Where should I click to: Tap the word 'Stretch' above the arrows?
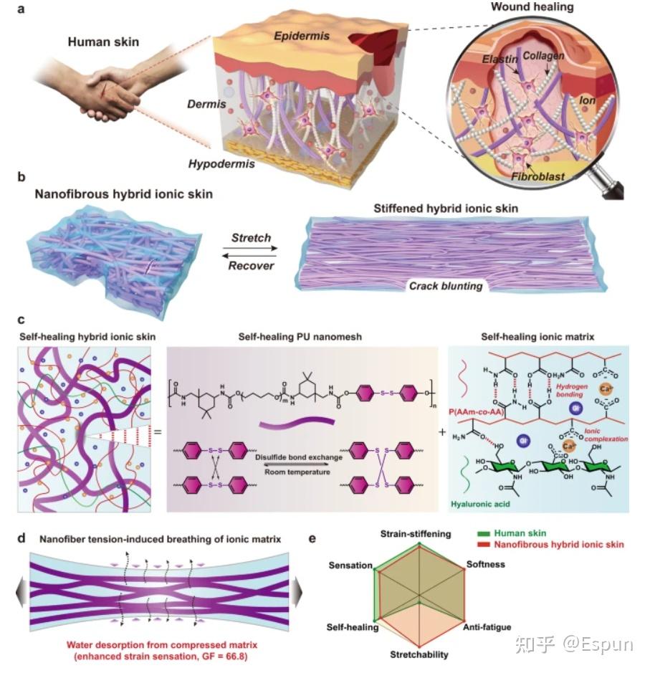[250, 237]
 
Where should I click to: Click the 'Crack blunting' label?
[444, 285]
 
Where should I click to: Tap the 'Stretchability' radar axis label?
[419, 654]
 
